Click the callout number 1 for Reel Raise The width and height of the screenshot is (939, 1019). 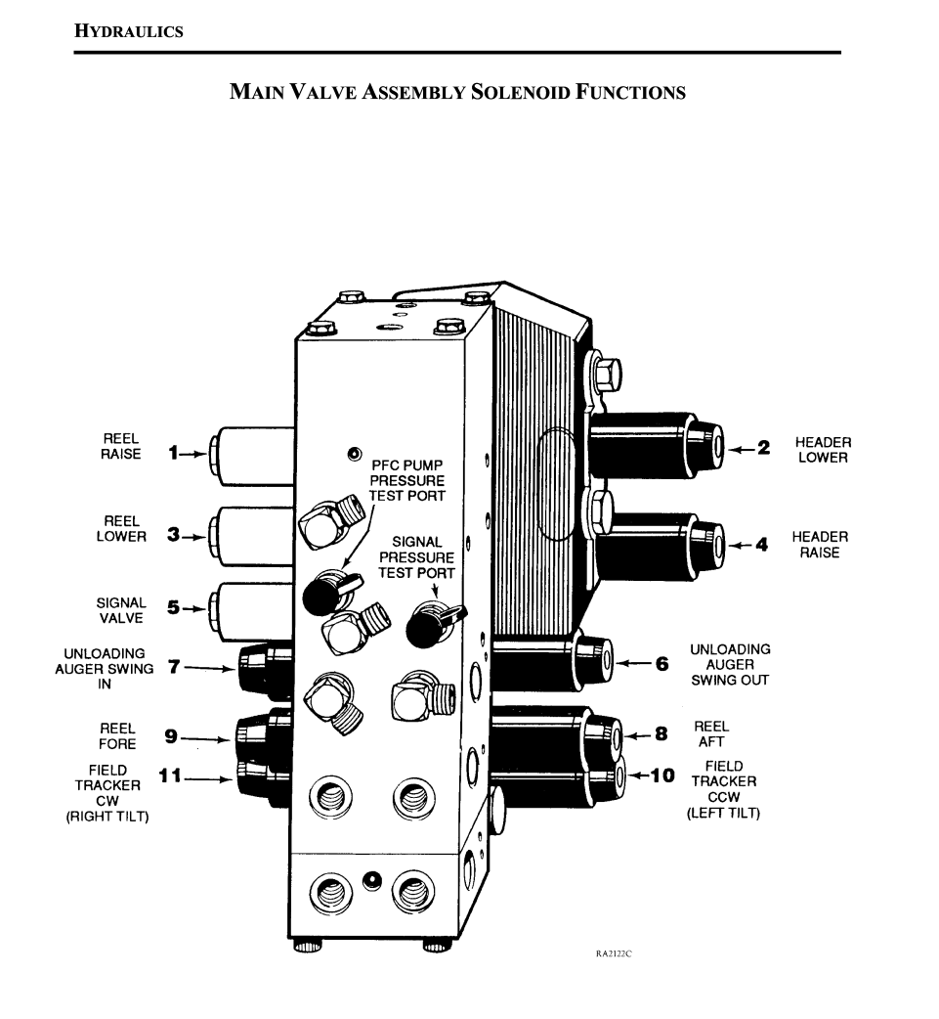click(172, 453)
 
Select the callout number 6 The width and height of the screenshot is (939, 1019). click(662, 664)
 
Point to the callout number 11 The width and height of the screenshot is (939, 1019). click(170, 776)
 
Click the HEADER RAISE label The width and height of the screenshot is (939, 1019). click(819, 545)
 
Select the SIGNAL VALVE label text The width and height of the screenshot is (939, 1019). click(121, 610)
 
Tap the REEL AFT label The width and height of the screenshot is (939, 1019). click(711, 734)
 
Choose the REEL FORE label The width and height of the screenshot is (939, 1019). click(117, 736)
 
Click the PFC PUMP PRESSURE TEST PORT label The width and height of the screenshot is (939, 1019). click(406, 480)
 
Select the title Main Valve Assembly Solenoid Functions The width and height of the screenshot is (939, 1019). click(457, 93)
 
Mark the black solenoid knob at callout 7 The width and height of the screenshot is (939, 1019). click(256, 671)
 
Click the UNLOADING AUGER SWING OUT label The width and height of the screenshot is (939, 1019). click(730, 664)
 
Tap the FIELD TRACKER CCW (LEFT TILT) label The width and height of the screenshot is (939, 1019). click(723, 789)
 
